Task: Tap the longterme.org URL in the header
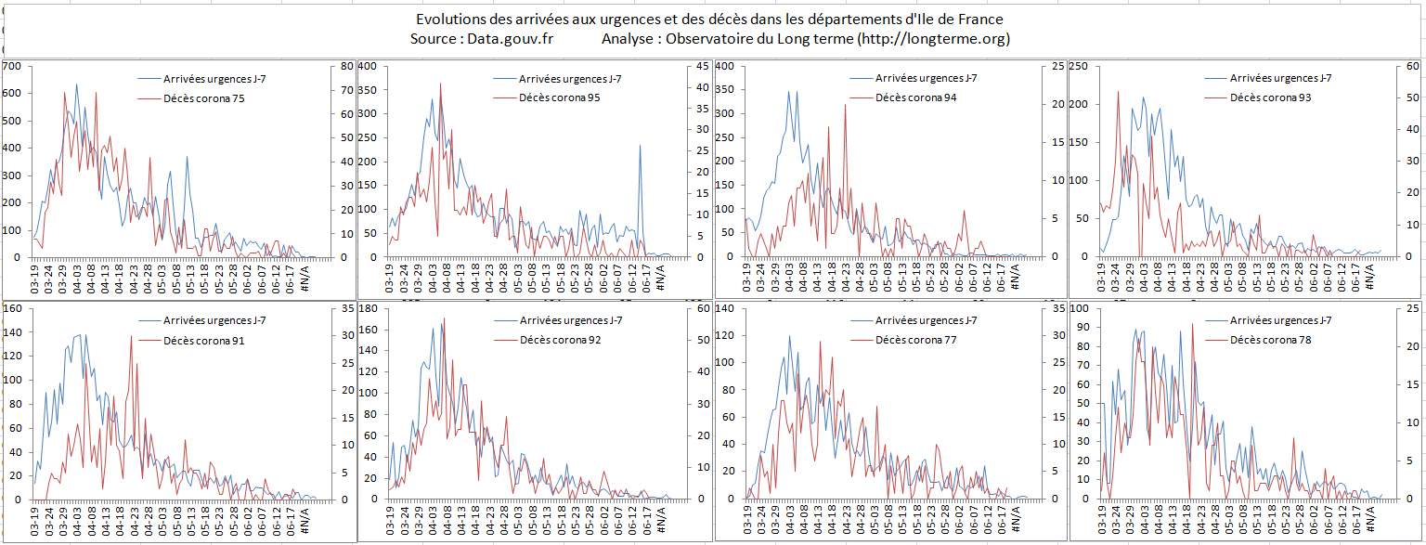[932, 39]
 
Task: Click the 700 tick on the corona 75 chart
[11, 67]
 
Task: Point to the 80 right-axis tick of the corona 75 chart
[348, 67]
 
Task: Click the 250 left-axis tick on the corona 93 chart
[1081, 67]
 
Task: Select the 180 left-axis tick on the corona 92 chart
[369, 308]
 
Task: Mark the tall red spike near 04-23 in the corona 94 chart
[845, 106]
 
